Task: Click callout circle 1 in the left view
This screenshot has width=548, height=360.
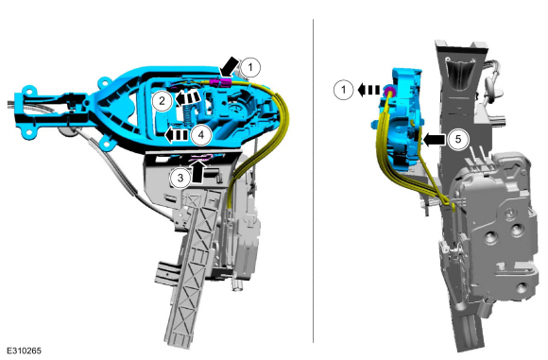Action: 249,67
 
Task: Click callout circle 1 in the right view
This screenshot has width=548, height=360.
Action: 344,90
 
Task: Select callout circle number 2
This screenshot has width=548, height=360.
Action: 163,101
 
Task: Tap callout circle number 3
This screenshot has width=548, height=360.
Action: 180,178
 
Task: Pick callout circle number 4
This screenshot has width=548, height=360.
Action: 201,134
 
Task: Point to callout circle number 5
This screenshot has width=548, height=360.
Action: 458,140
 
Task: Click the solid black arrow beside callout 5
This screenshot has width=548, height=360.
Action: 434,140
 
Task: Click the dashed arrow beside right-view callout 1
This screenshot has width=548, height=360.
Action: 368,90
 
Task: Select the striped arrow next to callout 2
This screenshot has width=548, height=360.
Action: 187,97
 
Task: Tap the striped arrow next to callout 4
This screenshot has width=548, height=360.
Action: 177,135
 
